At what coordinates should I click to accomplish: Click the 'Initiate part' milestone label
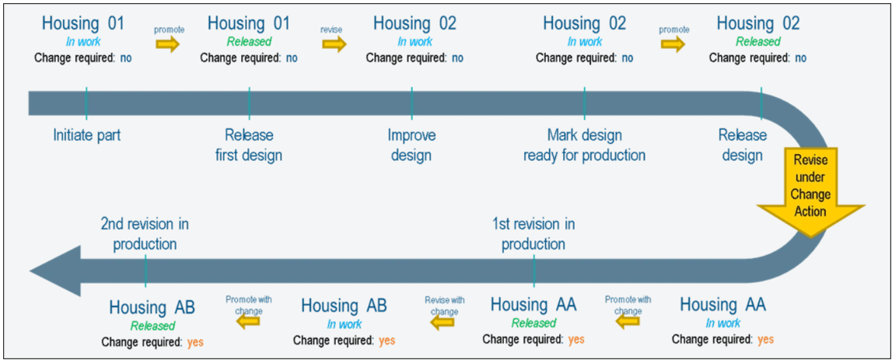tap(87, 135)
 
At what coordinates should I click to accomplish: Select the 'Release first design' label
tap(249, 145)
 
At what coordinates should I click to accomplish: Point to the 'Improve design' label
tap(411, 145)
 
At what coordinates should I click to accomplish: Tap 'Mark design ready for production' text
tap(584, 145)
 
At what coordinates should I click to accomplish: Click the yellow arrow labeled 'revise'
tap(333, 44)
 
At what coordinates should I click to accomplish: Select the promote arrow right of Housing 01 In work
tap(167, 44)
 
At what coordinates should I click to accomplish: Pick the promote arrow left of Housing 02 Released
tap(673, 44)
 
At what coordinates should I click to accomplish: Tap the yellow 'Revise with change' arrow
tap(443, 321)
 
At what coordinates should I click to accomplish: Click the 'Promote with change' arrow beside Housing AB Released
tap(248, 321)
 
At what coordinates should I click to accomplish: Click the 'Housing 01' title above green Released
tap(248, 23)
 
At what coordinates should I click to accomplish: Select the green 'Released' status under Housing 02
tap(757, 42)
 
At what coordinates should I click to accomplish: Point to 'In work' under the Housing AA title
tap(722, 323)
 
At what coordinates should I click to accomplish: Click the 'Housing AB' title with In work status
tap(344, 306)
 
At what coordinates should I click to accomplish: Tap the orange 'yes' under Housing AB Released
tap(195, 341)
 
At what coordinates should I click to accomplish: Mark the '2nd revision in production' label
tap(145, 234)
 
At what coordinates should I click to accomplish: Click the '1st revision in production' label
tap(533, 234)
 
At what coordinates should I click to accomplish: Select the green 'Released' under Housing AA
tap(533, 323)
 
